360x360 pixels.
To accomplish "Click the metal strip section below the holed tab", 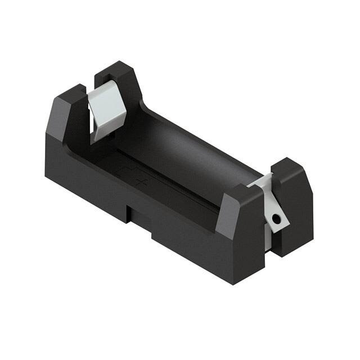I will coord(268,239).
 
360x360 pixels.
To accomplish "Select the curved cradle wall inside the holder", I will coord(186,152).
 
